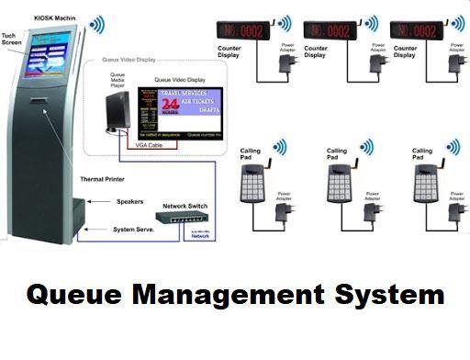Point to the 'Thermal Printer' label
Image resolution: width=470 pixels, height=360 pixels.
click(x=104, y=180)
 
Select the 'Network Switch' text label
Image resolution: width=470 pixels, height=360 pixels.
click(x=189, y=206)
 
